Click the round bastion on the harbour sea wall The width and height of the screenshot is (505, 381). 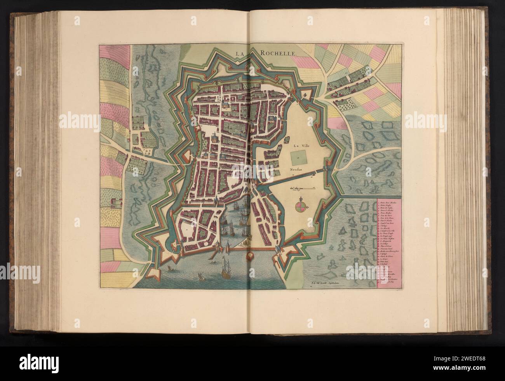[250, 256]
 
